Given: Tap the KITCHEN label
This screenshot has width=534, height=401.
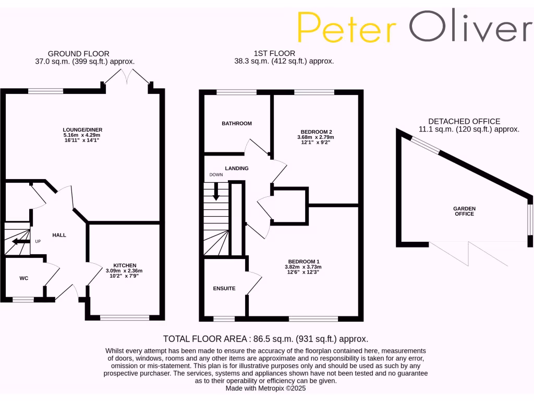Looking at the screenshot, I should click(124, 265).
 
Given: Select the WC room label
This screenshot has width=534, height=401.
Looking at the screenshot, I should click(24, 278).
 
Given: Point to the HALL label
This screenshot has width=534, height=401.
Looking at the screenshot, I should click(59, 235).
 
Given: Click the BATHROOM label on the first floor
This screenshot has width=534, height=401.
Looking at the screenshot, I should click(237, 124).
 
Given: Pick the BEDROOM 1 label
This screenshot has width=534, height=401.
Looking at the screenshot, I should click(304, 262).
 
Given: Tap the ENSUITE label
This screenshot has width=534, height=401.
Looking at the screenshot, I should click(224, 288).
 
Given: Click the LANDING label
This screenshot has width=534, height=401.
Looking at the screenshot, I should click(237, 168).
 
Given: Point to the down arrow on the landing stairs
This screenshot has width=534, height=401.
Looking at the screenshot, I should click(216, 195).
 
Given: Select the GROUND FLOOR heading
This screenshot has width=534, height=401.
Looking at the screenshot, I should click(79, 53).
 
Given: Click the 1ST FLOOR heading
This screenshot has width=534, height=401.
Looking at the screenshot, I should click(274, 53).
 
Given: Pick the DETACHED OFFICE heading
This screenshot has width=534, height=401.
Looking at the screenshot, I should click(464, 121).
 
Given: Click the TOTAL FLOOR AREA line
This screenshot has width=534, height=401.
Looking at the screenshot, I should click(266, 338).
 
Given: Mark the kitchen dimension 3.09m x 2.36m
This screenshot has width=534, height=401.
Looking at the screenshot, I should click(124, 271).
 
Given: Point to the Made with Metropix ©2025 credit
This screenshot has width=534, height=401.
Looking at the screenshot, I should click(266, 388).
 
